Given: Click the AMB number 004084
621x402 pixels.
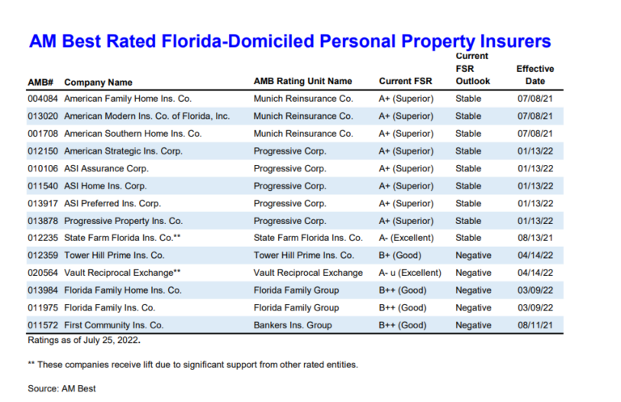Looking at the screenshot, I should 42,99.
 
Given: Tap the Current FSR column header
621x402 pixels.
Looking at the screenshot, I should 404,82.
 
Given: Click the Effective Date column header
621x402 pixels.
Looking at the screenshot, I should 535,75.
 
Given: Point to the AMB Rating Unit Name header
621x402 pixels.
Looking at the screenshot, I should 302,82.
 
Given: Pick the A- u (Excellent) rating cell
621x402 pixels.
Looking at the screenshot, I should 410,273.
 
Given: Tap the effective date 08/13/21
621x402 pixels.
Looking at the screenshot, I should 535,238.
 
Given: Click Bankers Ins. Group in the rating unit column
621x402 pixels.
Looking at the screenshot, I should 293,325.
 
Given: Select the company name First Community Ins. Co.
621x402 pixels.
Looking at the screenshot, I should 114,325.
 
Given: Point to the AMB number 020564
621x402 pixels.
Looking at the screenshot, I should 42,273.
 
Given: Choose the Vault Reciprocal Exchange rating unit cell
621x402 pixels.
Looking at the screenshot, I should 308,273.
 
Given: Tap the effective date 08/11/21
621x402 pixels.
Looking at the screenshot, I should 535,325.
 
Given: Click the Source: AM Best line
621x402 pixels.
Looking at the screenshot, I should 61,389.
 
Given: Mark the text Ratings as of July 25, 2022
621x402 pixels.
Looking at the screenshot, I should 84,341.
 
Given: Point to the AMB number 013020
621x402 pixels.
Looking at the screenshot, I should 42,116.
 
